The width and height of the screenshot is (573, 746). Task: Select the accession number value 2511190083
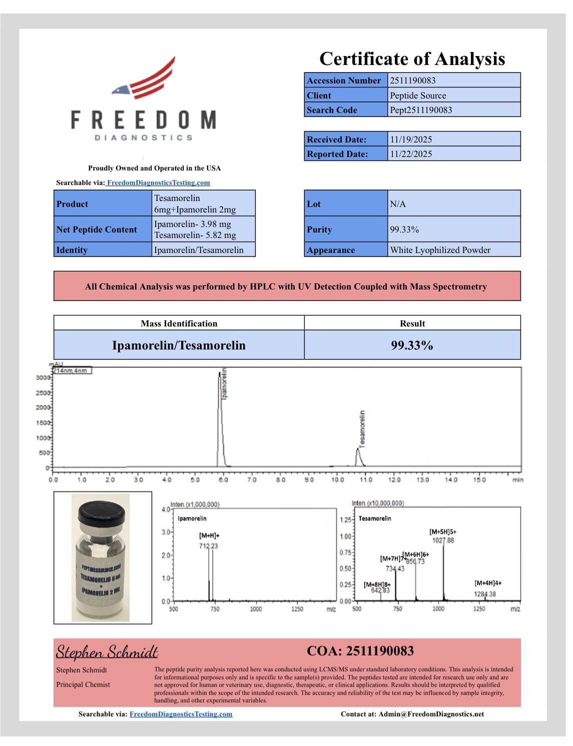point(413,80)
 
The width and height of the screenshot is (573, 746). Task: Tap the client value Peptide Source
point(418,95)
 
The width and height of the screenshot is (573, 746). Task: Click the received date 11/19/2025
point(411,139)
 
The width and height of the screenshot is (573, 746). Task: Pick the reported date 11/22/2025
point(411,154)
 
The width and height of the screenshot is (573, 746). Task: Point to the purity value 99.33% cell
point(404,229)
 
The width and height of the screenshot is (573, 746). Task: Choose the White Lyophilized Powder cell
point(440,250)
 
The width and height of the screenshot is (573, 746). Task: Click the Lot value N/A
point(398,204)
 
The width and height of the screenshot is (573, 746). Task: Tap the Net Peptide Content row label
point(97,229)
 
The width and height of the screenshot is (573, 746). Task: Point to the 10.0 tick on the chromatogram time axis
point(338,480)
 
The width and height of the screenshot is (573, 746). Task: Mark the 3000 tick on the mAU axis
point(43,377)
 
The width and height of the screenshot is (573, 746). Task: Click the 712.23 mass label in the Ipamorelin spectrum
point(208,546)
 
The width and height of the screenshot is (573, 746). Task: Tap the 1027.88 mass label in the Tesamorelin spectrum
point(443,540)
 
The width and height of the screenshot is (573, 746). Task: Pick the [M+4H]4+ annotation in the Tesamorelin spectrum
point(488,583)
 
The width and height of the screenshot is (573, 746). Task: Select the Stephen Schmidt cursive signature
point(107,652)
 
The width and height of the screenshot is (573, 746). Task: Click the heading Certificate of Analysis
point(412,59)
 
